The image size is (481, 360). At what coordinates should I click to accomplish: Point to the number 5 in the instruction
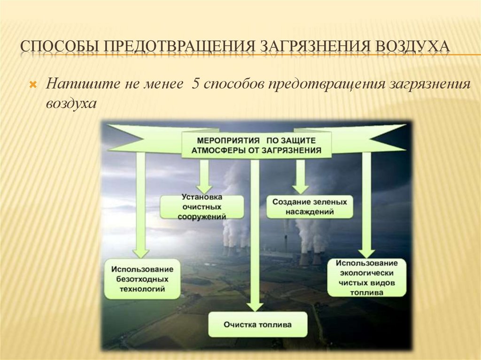(195, 85)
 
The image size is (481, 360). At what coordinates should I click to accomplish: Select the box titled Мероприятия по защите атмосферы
(256, 145)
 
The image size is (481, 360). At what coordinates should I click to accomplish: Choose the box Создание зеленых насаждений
(310, 207)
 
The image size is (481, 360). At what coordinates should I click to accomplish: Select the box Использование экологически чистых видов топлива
(367, 278)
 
